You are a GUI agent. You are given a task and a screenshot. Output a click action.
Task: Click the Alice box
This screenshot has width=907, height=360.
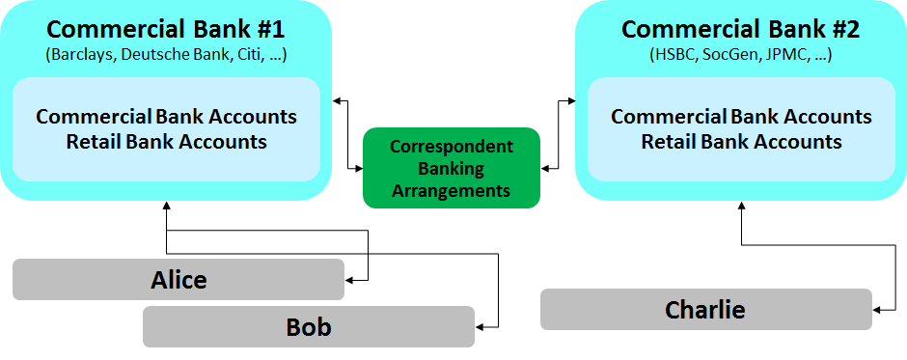pyautogui.click(x=179, y=280)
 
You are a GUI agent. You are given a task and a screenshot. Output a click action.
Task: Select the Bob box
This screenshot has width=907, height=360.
pyautogui.click(x=309, y=327)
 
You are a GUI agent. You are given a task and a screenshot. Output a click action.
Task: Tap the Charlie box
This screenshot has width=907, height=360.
pyautogui.click(x=705, y=310)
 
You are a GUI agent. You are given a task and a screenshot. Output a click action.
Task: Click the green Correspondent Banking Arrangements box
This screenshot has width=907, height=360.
pyautogui.click(x=451, y=168)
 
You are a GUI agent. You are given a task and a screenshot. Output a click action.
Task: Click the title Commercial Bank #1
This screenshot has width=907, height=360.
pyautogui.click(x=166, y=29)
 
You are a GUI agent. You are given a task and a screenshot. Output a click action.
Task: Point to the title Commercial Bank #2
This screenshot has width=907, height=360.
pyautogui.click(x=741, y=29)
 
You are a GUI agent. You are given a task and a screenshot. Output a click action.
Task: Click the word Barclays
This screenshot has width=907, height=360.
pyautogui.click(x=80, y=55)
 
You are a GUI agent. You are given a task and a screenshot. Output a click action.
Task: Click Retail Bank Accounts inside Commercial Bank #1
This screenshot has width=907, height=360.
pyautogui.click(x=166, y=141)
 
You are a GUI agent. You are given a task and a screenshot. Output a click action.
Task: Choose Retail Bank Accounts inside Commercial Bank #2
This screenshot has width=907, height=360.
pyautogui.click(x=741, y=141)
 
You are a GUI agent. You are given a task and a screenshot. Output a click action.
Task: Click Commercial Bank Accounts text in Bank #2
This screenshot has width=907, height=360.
pyautogui.click(x=741, y=117)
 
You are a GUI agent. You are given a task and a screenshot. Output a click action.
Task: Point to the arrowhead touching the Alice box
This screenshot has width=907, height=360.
pyautogui.click(x=350, y=280)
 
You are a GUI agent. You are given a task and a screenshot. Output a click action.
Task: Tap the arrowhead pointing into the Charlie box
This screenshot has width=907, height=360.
pyautogui.click(x=877, y=310)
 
